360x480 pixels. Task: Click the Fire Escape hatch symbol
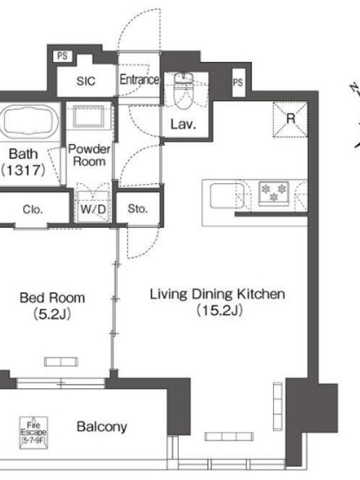(x=34, y=433)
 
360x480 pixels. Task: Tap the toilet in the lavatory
(x=184, y=91)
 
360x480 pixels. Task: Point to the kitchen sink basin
(x=227, y=196)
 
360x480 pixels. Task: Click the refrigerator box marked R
(x=290, y=119)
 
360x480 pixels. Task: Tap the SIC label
(x=86, y=81)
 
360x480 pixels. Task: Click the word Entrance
(x=139, y=80)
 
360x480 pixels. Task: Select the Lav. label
(x=183, y=124)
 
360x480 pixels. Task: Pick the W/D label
(x=93, y=209)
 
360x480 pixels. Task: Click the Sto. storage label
(x=137, y=209)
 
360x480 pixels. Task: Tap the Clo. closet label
(x=33, y=209)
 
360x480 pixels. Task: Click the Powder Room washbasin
(x=88, y=116)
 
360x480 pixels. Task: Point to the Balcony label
(x=102, y=427)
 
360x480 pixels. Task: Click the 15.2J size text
(x=220, y=310)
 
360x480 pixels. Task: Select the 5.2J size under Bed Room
(x=52, y=314)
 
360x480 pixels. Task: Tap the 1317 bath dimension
(x=23, y=170)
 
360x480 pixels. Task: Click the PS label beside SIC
(x=62, y=56)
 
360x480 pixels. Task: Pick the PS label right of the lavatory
(x=238, y=82)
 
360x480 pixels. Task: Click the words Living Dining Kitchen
(x=217, y=294)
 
